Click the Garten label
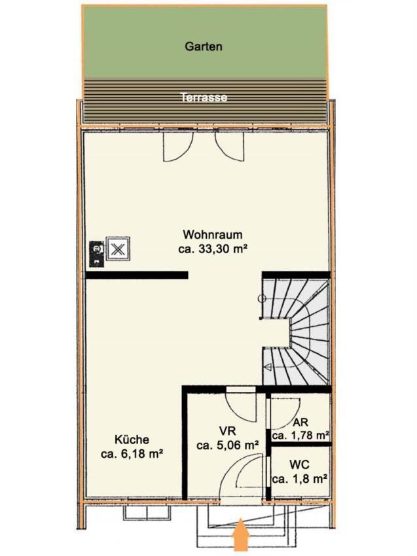click(204, 46)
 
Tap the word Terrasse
click(204, 97)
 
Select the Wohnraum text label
click(213, 235)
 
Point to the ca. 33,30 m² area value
click(213, 249)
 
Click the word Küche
click(132, 440)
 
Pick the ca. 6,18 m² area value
click(132, 454)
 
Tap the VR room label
click(228, 431)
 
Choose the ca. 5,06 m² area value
click(228, 445)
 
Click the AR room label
click(300, 423)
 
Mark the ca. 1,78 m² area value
click(300, 435)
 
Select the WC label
click(299, 464)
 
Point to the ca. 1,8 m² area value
click(300, 479)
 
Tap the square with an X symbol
click(118, 249)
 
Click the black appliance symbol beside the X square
click(96, 253)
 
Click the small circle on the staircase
click(263, 298)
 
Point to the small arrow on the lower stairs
click(268, 367)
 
